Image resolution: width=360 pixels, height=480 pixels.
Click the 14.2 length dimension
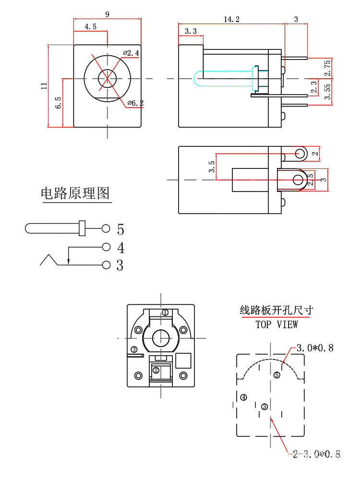tap(231, 19)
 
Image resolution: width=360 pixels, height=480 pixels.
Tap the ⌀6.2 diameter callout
tap(136, 103)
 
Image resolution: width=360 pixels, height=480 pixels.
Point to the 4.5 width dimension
tap(90, 27)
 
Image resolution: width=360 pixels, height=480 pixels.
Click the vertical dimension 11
tap(44, 86)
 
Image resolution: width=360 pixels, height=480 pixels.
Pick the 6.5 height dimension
tap(58, 103)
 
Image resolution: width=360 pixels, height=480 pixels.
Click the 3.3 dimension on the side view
tap(191, 31)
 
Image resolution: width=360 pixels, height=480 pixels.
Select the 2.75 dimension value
tap(327, 68)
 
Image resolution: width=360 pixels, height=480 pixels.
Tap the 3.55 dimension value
tap(327, 91)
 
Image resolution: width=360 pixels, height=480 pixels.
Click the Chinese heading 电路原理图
tap(75, 193)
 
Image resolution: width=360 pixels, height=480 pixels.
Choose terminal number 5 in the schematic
tap(120, 228)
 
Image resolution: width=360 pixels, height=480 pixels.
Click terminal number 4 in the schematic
tap(120, 248)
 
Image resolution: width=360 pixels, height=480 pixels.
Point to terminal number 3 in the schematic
tap(120, 265)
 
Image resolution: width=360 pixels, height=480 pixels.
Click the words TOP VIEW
tap(276, 324)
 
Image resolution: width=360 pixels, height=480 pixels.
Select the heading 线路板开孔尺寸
tap(276, 310)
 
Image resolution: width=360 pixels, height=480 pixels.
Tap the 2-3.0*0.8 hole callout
tap(317, 454)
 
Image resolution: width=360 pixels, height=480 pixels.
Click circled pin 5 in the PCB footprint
tap(277, 375)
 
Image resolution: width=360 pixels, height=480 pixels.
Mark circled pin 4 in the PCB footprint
tap(244, 397)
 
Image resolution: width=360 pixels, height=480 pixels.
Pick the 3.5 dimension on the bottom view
tap(212, 167)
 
